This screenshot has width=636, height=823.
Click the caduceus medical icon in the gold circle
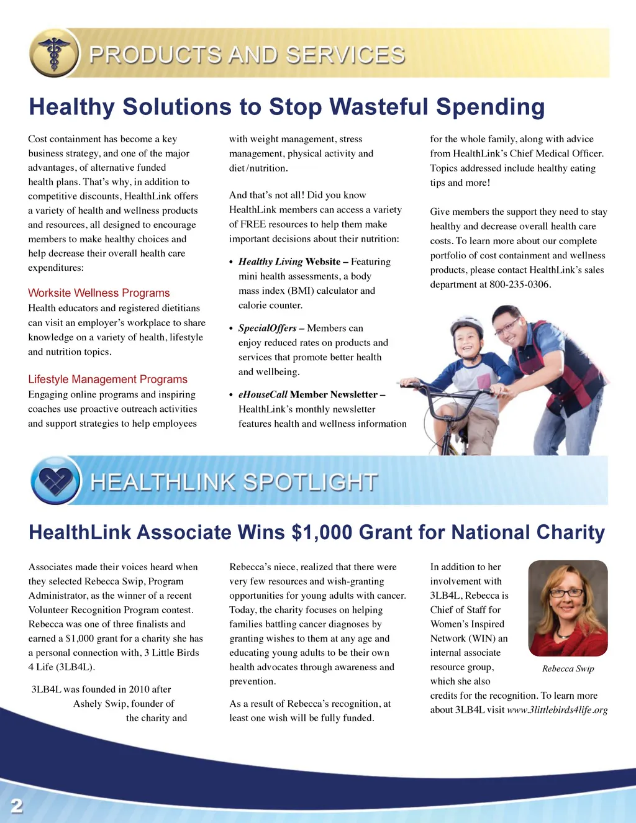[55, 53]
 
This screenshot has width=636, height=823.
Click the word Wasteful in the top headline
[379, 107]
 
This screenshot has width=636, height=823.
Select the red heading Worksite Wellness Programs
[99, 293]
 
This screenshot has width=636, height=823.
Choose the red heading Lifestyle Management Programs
[107, 380]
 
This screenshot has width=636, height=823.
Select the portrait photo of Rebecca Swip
[568, 608]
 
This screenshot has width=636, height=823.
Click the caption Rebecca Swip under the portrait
[568, 669]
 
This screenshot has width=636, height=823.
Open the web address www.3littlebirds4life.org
[557, 710]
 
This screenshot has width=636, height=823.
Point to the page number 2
[17, 806]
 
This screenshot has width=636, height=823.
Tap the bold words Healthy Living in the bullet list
[270, 261]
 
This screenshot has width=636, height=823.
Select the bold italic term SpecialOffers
[267, 328]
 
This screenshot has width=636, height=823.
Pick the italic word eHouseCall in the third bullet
[263, 394]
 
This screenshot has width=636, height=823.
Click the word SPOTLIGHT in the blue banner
[309, 482]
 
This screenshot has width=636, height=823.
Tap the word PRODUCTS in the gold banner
[155, 55]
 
